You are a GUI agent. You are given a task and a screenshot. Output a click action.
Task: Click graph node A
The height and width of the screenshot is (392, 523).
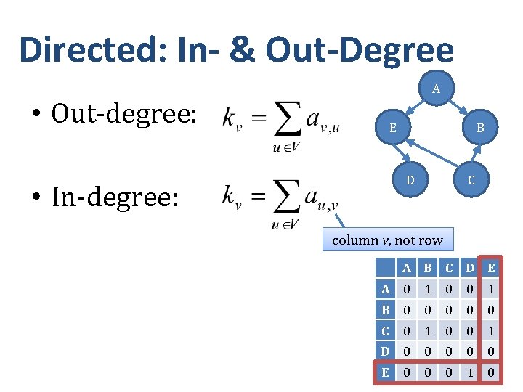click(436, 89)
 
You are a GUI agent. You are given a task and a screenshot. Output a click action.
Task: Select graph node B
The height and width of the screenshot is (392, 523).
click(480, 128)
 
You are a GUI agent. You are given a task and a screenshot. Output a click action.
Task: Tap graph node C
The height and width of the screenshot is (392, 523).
click(471, 180)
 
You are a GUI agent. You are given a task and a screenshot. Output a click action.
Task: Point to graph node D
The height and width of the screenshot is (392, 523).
click(410, 179)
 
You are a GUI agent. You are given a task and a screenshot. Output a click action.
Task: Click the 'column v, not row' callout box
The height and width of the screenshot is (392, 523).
click(387, 240)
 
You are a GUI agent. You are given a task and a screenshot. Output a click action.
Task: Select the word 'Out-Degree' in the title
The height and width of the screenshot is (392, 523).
click(360, 49)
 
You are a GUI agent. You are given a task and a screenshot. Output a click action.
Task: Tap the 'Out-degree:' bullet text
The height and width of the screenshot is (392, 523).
click(123, 113)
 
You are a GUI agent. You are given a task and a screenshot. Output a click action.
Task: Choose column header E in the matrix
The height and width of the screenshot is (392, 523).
click(492, 268)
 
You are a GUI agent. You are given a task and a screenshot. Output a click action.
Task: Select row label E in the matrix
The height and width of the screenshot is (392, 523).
click(386, 372)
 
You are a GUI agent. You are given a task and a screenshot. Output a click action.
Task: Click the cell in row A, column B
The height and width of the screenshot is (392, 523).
click(428, 289)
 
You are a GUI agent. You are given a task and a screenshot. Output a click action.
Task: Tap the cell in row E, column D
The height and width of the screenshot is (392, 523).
click(470, 372)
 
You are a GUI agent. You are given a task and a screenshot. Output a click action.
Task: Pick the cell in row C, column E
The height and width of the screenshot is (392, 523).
click(492, 331)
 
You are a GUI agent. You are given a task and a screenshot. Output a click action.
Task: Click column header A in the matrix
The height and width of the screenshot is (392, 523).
click(407, 268)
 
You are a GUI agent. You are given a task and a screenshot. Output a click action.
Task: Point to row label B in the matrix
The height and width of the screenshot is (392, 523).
click(386, 310)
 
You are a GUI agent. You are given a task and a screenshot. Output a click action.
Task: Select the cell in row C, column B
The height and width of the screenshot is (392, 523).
click(428, 331)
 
